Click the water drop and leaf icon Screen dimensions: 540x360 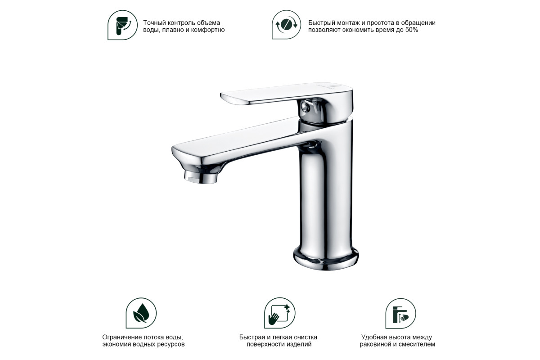coord(141,313)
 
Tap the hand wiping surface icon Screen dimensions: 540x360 coord(279,313)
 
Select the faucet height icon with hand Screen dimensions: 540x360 coord(400,314)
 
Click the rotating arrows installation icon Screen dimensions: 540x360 coord(286,25)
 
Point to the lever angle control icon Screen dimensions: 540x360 coord(122,25)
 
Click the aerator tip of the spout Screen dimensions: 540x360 coord(201,178)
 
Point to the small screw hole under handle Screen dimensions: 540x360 coord(306,107)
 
